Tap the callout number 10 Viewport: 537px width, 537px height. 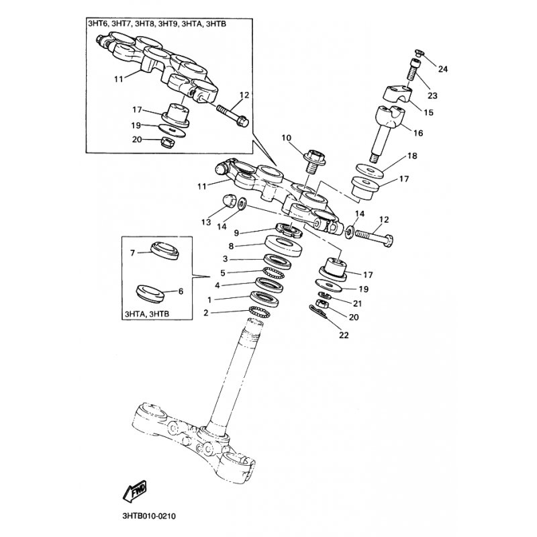tap(287, 138)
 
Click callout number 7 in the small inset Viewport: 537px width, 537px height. tap(133, 252)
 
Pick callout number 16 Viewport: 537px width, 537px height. tap(418, 133)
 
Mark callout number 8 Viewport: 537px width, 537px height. tap(231, 246)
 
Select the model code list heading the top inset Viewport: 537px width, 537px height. tap(157, 23)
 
